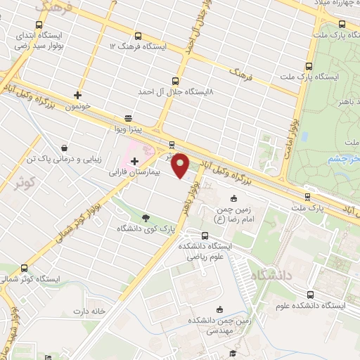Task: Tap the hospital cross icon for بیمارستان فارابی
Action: (x=134, y=162)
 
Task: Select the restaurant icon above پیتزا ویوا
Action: (x=128, y=118)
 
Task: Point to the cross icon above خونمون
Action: (x=77, y=95)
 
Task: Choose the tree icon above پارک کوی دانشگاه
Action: (x=146, y=218)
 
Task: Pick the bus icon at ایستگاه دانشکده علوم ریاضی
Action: (x=205, y=236)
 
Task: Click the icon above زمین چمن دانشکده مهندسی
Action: (x=219, y=309)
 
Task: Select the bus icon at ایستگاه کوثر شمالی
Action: (x=25, y=268)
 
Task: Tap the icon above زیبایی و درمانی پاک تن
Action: (x=65, y=148)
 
